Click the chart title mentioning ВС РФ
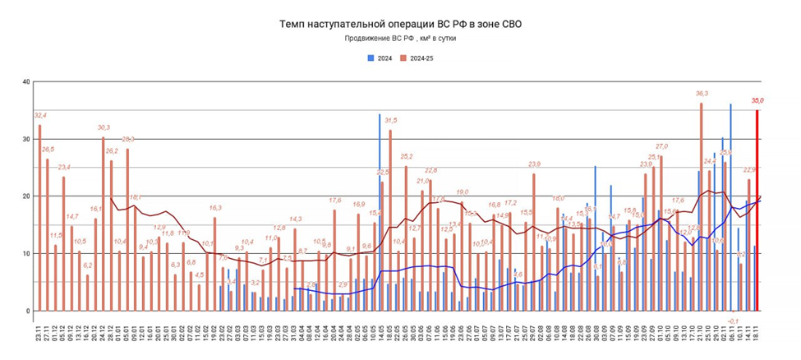coord(399,25)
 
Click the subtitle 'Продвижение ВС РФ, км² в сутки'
coord(399,39)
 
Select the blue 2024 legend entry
coord(380,57)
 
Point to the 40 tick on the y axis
coord(25,81)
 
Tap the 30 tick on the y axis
coord(25,139)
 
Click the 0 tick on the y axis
coord(27,311)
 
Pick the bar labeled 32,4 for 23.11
coord(39,218)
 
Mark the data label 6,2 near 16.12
coord(88,265)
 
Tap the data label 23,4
coord(63,168)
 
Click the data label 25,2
coord(406,157)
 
